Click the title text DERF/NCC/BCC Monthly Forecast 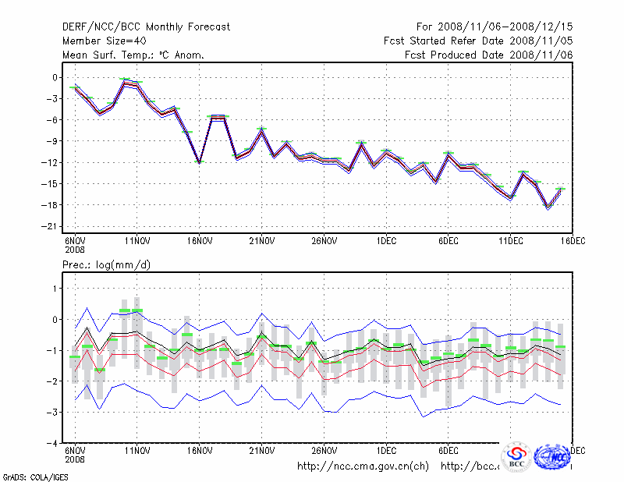(x=146, y=27)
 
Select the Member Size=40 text (x=104, y=41)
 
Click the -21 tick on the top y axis (x=52, y=226)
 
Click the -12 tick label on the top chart (x=52, y=162)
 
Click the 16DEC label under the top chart (x=572, y=240)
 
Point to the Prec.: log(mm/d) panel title (x=107, y=266)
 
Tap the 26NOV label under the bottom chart (x=324, y=451)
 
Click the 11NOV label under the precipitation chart (x=137, y=451)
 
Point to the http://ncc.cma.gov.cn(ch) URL (x=363, y=466)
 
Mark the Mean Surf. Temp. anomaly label (x=133, y=55)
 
